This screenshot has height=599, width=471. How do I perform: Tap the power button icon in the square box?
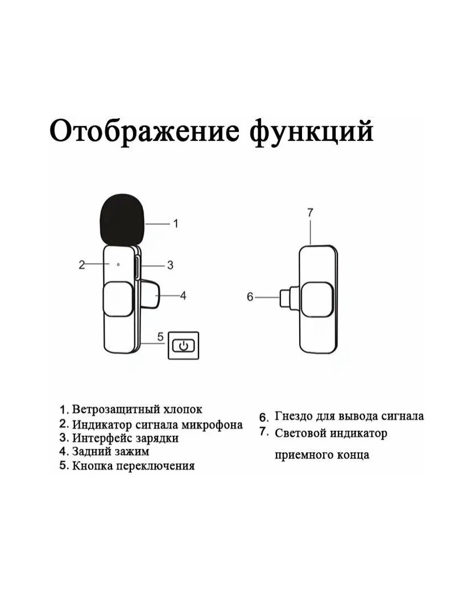tap(184, 345)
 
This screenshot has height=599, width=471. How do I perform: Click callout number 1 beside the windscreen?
tap(175, 223)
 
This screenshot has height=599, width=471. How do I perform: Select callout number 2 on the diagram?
tap(82, 264)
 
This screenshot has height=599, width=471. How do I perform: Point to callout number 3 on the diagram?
tap(170, 264)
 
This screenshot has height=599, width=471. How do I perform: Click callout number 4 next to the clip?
tap(183, 295)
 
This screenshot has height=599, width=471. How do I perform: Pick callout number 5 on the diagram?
tap(160, 336)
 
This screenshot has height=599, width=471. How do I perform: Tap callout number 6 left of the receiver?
tap(250, 296)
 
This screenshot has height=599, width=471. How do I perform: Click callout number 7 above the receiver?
tap(310, 213)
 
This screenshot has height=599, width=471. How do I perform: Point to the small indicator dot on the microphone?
tap(118, 264)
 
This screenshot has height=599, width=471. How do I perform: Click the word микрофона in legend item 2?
tap(214, 425)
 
